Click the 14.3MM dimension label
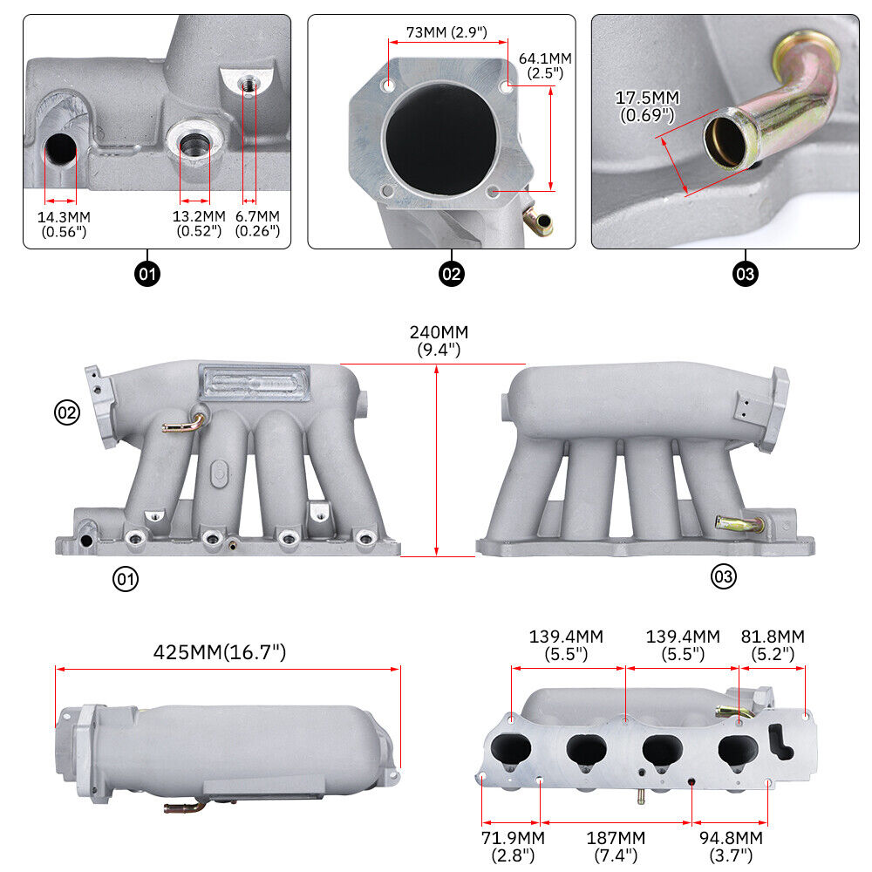pyautogui.click(x=65, y=223)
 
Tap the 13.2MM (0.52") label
pyautogui.click(x=199, y=223)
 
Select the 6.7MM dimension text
pyautogui.click(x=257, y=223)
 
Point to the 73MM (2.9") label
pyautogui.click(x=446, y=33)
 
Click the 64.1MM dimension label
pyautogui.click(x=546, y=65)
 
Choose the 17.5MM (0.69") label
pyautogui.click(x=647, y=106)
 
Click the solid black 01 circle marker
pyautogui.click(x=147, y=275)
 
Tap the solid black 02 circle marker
pyautogui.click(x=451, y=275)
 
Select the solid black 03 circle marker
pyautogui.click(x=746, y=275)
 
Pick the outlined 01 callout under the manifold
pyautogui.click(x=126, y=577)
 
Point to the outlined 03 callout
pyautogui.click(x=724, y=576)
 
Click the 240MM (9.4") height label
pyautogui.click(x=439, y=341)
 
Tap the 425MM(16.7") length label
pyautogui.click(x=220, y=652)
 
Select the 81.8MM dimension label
pyautogui.click(x=773, y=645)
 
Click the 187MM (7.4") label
pyautogui.click(x=616, y=847)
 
